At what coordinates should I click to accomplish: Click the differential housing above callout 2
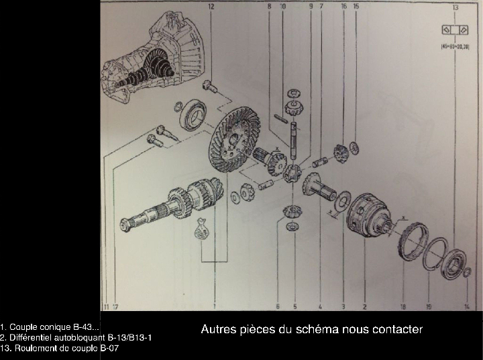(x=368, y=215)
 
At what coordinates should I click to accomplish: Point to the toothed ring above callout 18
(x=411, y=242)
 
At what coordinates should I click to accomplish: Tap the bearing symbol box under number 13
(x=455, y=30)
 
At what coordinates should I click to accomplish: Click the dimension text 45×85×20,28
(x=455, y=46)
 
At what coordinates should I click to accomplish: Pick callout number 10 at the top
(x=282, y=6)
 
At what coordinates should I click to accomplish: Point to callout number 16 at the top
(x=343, y=6)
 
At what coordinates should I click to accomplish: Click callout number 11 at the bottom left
(x=105, y=306)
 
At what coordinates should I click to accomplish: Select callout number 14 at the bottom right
(x=466, y=306)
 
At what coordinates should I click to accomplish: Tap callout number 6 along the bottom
(x=277, y=306)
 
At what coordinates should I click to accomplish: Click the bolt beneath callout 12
(x=208, y=86)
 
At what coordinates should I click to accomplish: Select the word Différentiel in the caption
(x=28, y=337)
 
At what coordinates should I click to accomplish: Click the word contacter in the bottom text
(x=399, y=329)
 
